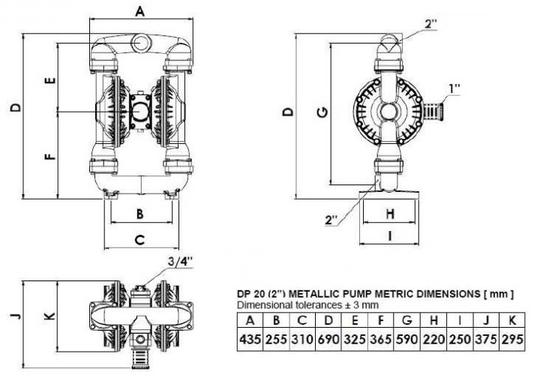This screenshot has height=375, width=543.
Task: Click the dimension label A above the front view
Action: pyautogui.click(x=140, y=10)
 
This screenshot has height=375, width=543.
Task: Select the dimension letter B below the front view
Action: pyautogui.click(x=139, y=213)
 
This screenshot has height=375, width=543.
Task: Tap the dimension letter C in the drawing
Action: pyautogui.click(x=139, y=240)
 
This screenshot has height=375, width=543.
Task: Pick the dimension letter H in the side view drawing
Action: pyautogui.click(x=389, y=214)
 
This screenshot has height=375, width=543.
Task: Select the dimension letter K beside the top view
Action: pyautogui.click(x=49, y=316)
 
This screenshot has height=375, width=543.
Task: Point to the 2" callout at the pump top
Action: pyautogui.click(x=430, y=23)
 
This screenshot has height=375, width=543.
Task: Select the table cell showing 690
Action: pyautogui.click(x=329, y=339)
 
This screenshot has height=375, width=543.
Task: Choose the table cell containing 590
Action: pyautogui.click(x=409, y=339)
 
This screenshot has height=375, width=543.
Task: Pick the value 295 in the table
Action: pyautogui.click(x=513, y=339)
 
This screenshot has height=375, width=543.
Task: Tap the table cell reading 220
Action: pyautogui.click(x=436, y=339)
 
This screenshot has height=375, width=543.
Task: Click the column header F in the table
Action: pyautogui.click(x=383, y=322)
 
